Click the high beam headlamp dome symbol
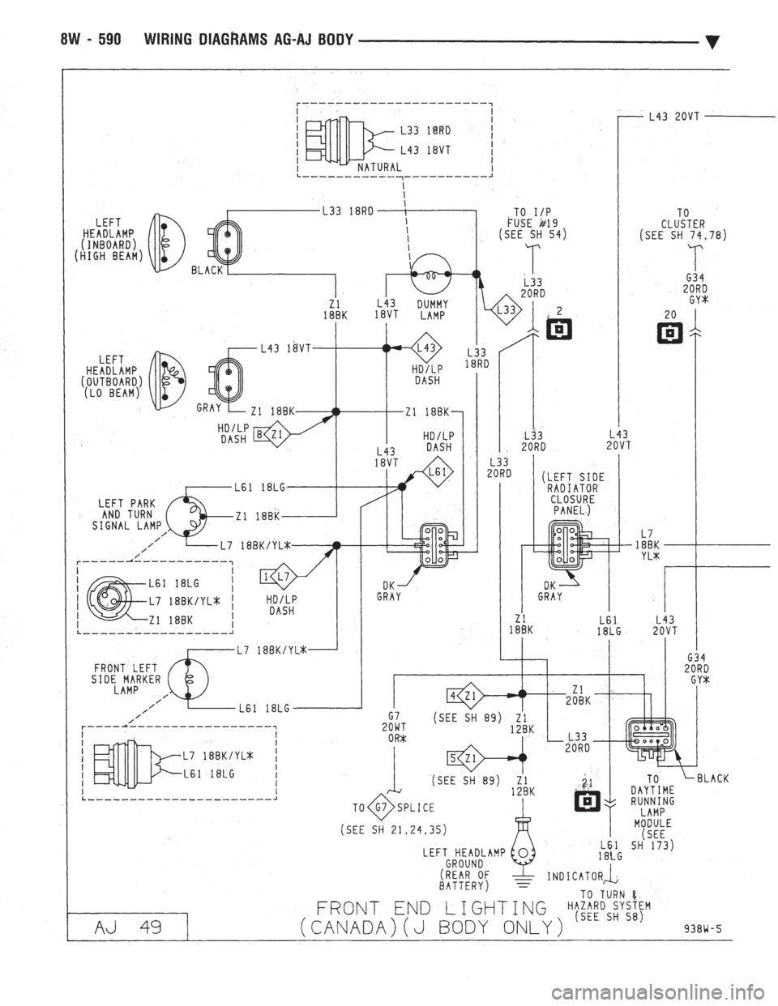(168, 240)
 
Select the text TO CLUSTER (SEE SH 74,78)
(686, 226)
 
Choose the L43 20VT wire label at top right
(675, 116)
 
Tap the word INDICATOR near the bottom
(574, 876)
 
